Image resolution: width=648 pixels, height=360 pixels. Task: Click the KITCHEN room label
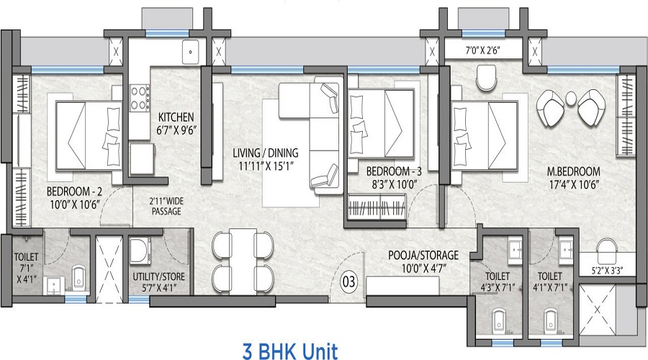pyautogui.click(x=176, y=117)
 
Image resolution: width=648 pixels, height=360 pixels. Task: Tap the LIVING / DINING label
pyautogui.click(x=265, y=153)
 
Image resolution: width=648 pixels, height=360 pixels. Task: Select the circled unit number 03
pyautogui.click(x=348, y=282)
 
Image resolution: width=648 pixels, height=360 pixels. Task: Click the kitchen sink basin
pyautogui.click(x=191, y=52)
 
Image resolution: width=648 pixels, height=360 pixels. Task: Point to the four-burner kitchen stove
pyautogui.click(x=140, y=97)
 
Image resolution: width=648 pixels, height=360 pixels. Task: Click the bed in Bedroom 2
pyautogui.click(x=89, y=135)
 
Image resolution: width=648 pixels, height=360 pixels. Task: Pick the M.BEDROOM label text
pyautogui.click(x=574, y=171)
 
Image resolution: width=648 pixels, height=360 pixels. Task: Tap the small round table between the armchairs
pyautogui.click(x=571, y=98)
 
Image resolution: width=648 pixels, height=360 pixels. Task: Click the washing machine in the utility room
pyautogui.click(x=140, y=251)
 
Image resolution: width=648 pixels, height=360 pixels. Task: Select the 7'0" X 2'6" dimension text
pyautogui.click(x=482, y=51)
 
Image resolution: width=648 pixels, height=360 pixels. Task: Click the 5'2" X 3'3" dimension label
pyautogui.click(x=607, y=271)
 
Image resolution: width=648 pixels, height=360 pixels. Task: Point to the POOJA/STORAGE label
pyautogui.click(x=423, y=255)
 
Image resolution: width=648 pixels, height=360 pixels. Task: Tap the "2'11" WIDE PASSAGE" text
pyautogui.click(x=166, y=206)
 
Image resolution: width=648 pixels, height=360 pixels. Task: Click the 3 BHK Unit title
pyautogui.click(x=290, y=352)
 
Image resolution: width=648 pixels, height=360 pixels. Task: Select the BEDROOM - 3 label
pyautogui.click(x=394, y=171)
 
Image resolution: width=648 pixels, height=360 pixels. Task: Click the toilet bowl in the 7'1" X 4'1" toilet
pyautogui.click(x=78, y=277)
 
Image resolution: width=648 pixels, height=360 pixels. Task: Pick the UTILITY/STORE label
pyautogui.click(x=158, y=276)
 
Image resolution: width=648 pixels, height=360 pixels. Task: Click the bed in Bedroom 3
pyautogui.click(x=382, y=123)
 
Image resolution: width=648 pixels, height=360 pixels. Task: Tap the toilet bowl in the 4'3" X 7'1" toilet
pyautogui.click(x=498, y=319)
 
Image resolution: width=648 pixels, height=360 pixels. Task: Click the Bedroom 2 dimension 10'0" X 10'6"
pyautogui.click(x=75, y=205)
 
